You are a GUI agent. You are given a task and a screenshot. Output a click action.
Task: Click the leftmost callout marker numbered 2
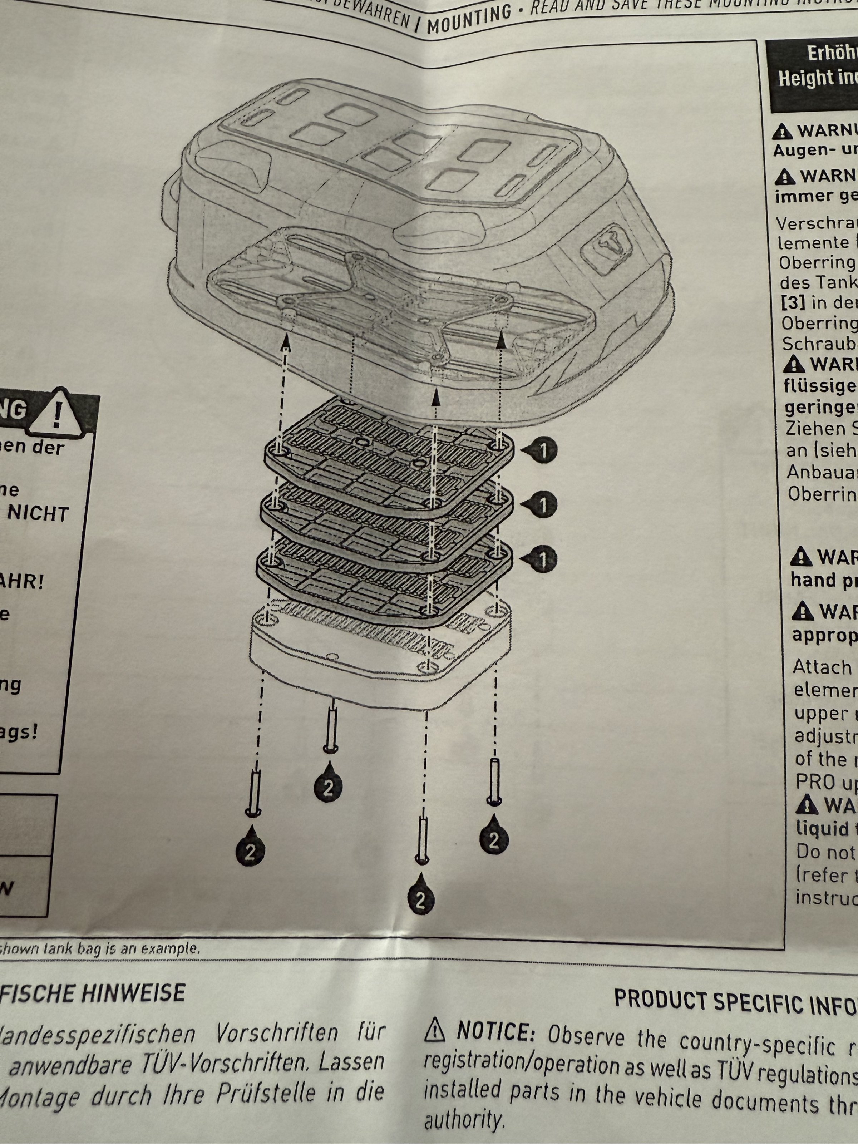click(x=250, y=851)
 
